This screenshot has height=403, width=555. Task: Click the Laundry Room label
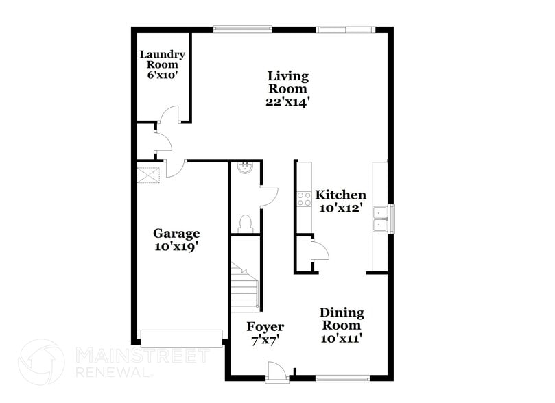coord(162,60)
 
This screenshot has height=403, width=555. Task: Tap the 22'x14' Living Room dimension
coord(288,101)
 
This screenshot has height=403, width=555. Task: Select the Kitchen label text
coord(340,195)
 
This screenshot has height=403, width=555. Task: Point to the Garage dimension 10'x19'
coord(176,247)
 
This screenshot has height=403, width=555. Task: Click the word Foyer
coord(265,327)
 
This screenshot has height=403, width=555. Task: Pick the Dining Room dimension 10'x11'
coord(341,337)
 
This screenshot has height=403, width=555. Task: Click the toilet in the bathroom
coord(245,222)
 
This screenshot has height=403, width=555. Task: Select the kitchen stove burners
coord(303,198)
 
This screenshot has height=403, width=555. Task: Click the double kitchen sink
coord(379,218)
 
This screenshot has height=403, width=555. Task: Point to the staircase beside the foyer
coord(244,289)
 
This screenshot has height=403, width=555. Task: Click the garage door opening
coord(181,337)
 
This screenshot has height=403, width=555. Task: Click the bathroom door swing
coord(268,195)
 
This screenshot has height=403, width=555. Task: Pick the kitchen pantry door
coord(320,251)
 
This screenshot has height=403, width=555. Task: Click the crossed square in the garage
coord(147,175)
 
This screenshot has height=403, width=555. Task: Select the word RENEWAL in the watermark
coord(113,372)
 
